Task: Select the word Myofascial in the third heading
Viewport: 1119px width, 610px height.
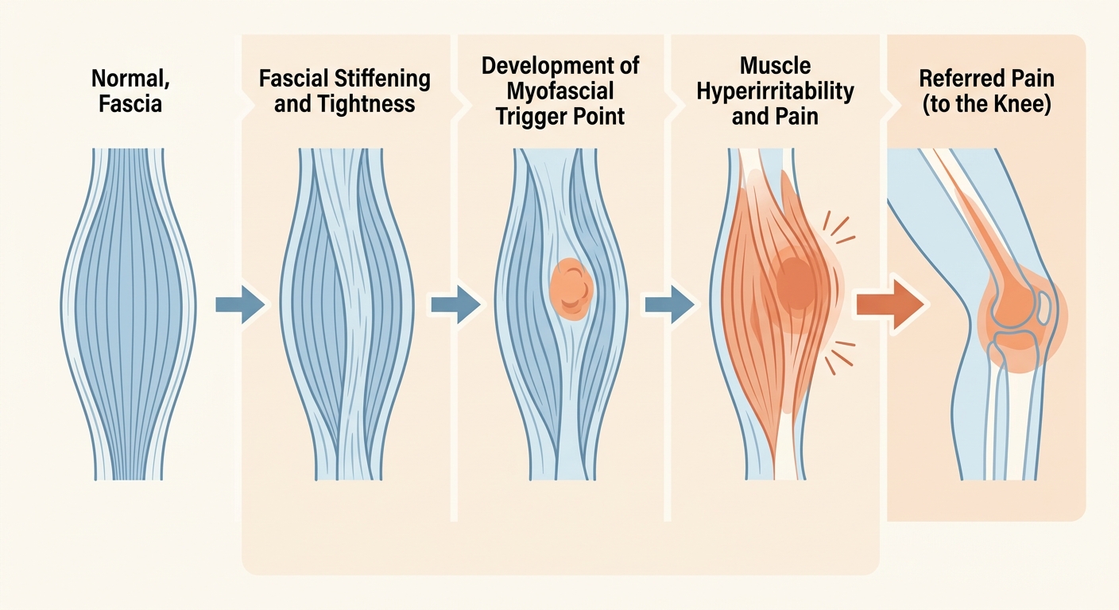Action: tap(560, 92)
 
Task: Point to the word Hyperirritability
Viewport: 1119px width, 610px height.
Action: tap(776, 92)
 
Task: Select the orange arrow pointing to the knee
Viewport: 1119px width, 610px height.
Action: tap(891, 304)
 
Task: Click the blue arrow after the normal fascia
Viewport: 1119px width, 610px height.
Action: tap(240, 304)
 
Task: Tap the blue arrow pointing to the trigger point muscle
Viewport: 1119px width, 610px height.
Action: tap(455, 304)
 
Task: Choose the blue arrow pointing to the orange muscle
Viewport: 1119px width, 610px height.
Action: tap(670, 304)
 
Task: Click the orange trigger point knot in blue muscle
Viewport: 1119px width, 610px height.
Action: tap(571, 289)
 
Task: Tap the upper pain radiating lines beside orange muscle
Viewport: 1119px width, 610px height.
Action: tap(838, 228)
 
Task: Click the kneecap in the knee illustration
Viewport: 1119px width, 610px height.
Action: tap(1045, 307)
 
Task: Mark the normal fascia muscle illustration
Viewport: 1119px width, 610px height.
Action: tap(129, 314)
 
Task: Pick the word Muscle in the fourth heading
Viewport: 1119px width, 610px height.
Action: tap(776, 66)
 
